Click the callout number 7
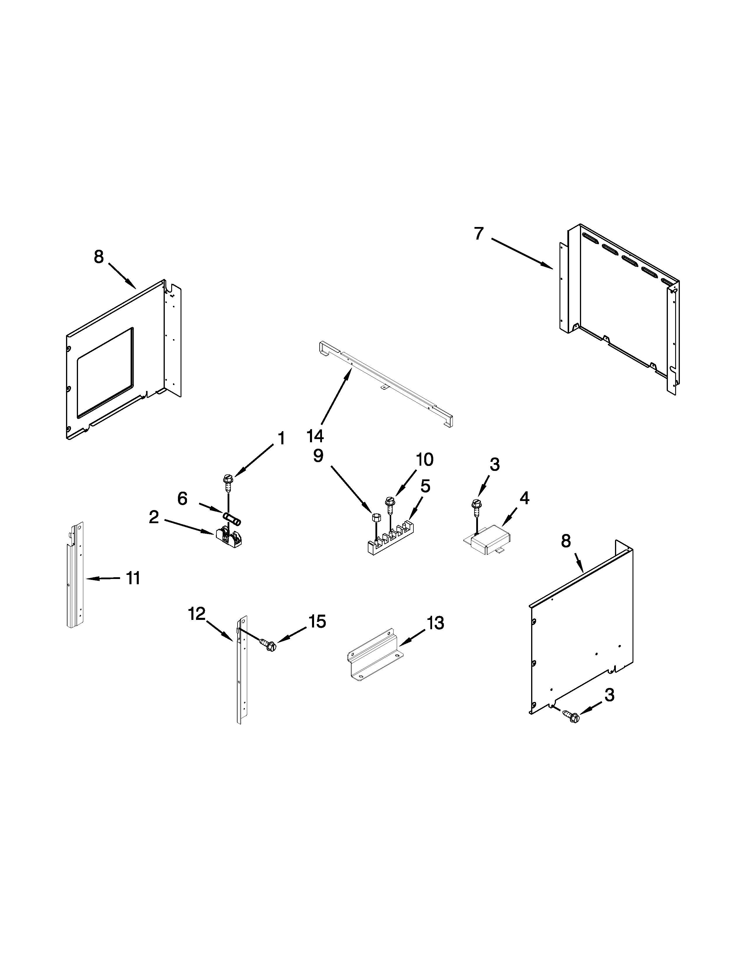point(479,233)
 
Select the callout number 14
point(315,436)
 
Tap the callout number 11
point(133,578)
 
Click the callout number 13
point(435,623)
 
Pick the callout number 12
point(197,613)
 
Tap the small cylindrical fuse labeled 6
point(231,519)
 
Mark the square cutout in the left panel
point(105,372)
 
